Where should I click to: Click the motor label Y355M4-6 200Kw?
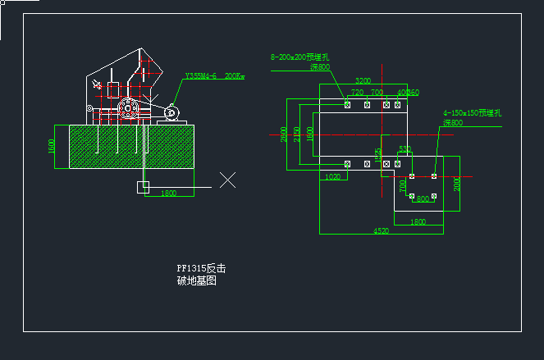tap(214, 75)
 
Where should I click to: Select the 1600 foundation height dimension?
tap(52, 147)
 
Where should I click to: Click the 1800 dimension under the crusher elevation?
tap(168, 193)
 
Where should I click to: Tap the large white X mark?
tap(228, 180)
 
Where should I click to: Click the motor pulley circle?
tap(171, 112)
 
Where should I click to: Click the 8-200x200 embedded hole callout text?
tap(299, 57)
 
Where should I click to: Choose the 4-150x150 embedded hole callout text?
tap(472, 112)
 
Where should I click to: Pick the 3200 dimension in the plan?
tap(363, 80)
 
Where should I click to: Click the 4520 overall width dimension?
tap(381, 231)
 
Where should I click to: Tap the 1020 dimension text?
tap(332, 177)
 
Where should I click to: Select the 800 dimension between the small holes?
tap(423, 198)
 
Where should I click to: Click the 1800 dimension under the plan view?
tap(418, 221)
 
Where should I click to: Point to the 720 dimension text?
tap(357, 93)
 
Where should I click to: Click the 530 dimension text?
tap(405, 148)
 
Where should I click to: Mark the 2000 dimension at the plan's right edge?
tap(457, 183)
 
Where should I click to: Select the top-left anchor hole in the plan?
tap(348, 105)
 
